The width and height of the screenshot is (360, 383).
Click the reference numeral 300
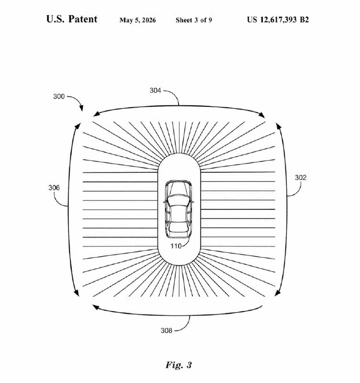pos(59,97)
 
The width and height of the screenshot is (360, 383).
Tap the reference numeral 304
pos(155,90)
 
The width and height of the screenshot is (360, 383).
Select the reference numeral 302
pos(301,178)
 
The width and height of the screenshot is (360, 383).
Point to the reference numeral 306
pos(54,188)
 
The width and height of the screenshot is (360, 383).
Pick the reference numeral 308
pos(166,330)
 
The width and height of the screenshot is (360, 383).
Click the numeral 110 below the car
pos(176,246)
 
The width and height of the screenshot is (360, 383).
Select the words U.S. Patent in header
pos(72,19)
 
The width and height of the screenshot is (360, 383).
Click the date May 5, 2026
pos(137,20)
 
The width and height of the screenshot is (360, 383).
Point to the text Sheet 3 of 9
pos(194,20)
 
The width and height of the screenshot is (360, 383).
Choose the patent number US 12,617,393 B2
pos(278,20)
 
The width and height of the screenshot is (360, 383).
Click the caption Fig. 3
pos(179,365)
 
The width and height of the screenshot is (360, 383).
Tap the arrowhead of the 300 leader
pos(81,108)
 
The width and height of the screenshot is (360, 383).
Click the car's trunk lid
pos(179,235)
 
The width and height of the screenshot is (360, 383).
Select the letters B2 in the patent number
pos(304,20)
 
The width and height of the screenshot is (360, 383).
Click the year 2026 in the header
pos(149,20)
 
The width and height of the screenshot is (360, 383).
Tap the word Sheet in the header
pos(184,20)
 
